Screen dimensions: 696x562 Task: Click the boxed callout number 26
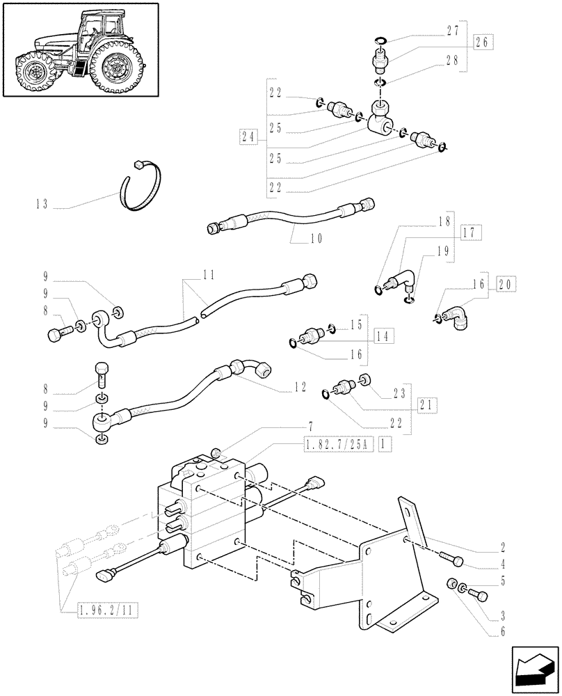(x=481, y=42)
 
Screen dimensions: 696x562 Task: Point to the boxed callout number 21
(x=428, y=404)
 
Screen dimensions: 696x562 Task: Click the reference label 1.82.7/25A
(x=339, y=443)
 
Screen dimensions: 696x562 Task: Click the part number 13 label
(x=41, y=205)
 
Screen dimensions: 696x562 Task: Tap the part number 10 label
(x=316, y=238)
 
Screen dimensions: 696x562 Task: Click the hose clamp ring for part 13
(x=143, y=184)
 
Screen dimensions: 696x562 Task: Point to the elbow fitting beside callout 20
(x=456, y=319)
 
